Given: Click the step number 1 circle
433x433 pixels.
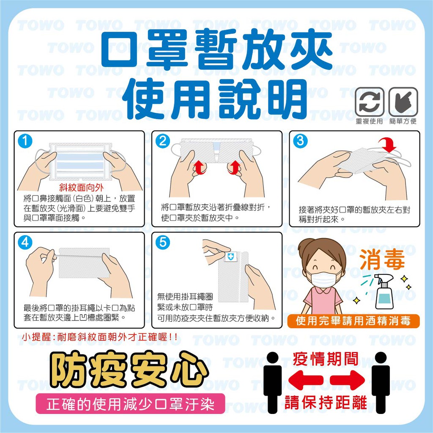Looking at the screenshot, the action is click(25, 141).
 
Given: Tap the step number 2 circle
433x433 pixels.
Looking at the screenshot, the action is click(163, 141).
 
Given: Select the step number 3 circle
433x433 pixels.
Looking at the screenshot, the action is click(300, 141).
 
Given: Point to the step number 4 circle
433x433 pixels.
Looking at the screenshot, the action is click(25, 242).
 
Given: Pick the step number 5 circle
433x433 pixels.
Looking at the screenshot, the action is click(163, 242).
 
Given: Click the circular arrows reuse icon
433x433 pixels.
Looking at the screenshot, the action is click(370, 101).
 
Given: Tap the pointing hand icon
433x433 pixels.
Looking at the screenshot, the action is click(403, 101).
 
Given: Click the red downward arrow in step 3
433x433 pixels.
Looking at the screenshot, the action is click(388, 145).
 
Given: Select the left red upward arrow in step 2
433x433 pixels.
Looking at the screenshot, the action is click(200, 167).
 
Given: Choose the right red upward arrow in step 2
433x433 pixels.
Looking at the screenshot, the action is click(234, 167).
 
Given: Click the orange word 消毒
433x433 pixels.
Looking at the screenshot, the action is click(382, 259).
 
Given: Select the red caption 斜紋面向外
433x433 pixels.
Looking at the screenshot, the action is click(81, 188).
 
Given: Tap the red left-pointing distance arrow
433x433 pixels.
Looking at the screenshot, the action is click(306, 380).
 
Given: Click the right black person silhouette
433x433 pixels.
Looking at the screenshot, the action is click(381, 383).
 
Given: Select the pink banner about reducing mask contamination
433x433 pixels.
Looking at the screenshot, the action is click(130, 404).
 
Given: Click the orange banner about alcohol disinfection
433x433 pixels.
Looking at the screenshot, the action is click(354, 321).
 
